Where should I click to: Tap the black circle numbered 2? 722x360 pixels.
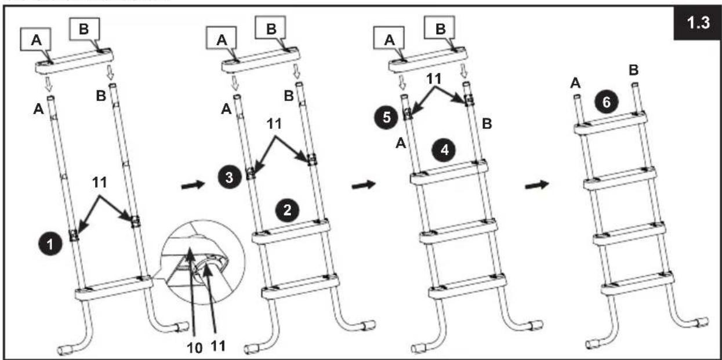pyautogui.click(x=287, y=210)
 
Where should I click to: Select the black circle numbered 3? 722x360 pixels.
pyautogui.click(x=230, y=177)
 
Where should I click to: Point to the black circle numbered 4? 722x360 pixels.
pyautogui.click(x=444, y=150)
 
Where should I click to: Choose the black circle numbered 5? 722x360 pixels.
pyautogui.click(x=386, y=118)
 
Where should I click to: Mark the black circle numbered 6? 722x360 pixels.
pyautogui.click(x=606, y=103)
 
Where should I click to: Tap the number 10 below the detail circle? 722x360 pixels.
pyautogui.click(x=194, y=348)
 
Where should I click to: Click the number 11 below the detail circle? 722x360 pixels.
pyautogui.click(x=218, y=347)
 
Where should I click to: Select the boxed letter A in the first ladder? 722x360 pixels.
pyautogui.click(x=36, y=39)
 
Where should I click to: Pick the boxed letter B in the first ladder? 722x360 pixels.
pyautogui.click(x=84, y=29)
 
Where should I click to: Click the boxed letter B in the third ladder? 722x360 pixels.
pyautogui.click(x=440, y=28)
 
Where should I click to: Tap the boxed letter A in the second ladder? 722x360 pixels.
pyautogui.click(x=222, y=40)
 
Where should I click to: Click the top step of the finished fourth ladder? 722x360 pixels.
pyautogui.click(x=611, y=122)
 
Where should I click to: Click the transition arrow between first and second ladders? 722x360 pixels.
pyautogui.click(x=193, y=186)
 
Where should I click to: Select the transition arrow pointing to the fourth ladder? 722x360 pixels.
pyautogui.click(x=536, y=186)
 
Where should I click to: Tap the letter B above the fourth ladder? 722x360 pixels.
pyautogui.click(x=634, y=70)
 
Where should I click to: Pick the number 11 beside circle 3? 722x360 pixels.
pyautogui.click(x=274, y=123)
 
